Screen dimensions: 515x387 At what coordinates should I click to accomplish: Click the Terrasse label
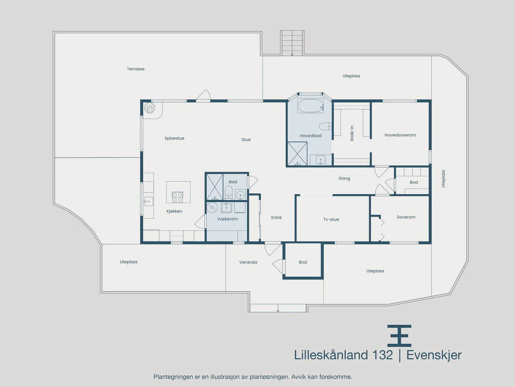click(x=136, y=69)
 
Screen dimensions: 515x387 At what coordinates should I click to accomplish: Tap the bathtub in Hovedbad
click(x=310, y=106)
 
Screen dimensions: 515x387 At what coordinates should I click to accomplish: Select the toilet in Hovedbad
click(x=325, y=126)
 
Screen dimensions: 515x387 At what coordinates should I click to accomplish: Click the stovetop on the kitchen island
click(x=177, y=197)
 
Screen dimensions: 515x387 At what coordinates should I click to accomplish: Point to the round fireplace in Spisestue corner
click(x=149, y=108)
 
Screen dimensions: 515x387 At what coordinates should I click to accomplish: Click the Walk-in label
click(x=352, y=133)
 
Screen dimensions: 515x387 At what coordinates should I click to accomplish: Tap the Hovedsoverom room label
click(x=400, y=135)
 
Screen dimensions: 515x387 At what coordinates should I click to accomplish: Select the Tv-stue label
click(x=331, y=220)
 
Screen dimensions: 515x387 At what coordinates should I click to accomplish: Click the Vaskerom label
click(x=227, y=219)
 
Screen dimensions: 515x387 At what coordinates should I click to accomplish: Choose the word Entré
click(x=276, y=218)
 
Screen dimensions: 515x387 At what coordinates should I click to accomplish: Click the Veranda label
click(x=248, y=262)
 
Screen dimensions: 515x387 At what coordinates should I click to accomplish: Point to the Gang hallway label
click(x=344, y=179)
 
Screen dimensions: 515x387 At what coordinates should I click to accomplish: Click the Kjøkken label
click(x=174, y=211)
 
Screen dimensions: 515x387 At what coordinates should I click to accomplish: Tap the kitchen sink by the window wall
click(x=148, y=201)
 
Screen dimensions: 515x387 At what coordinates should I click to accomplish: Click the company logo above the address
click(x=399, y=336)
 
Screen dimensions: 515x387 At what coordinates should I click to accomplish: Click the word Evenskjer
click(x=434, y=355)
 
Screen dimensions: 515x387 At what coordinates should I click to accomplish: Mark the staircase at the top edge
click(x=292, y=43)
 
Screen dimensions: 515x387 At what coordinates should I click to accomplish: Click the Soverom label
click(x=406, y=217)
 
